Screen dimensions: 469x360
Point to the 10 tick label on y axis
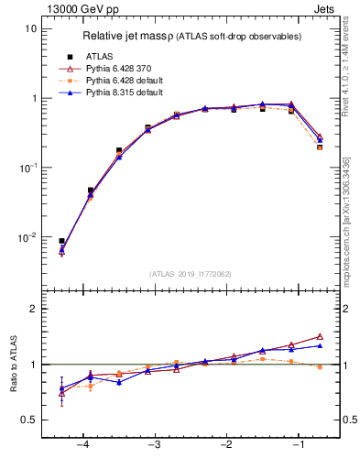tap(30, 28)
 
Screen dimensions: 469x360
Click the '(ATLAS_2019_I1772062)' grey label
tap(191, 273)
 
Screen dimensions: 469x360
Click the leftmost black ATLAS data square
tap(61, 241)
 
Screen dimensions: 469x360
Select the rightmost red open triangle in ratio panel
tap(320, 336)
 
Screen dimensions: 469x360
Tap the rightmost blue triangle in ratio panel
tap(320, 345)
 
